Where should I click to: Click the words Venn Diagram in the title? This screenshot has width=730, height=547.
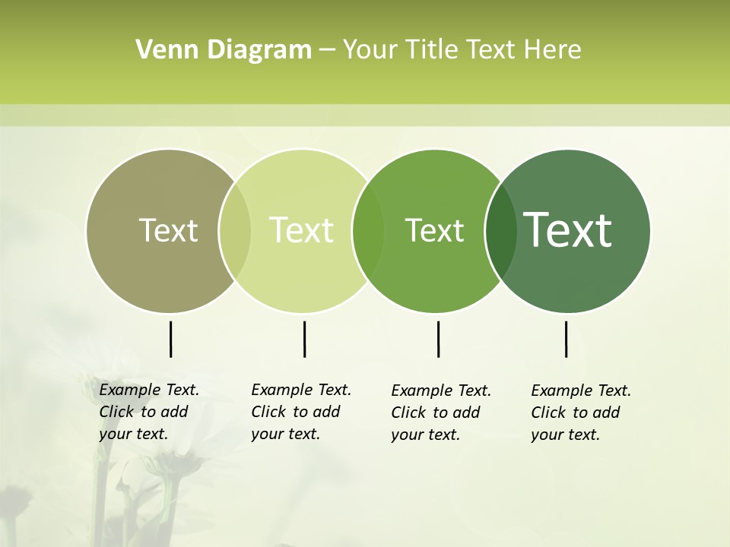click(x=224, y=50)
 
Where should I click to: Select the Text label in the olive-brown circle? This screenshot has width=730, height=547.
click(x=168, y=230)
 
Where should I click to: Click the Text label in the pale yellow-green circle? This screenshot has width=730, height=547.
click(x=301, y=230)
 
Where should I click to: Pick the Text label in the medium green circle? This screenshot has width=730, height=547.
click(x=434, y=230)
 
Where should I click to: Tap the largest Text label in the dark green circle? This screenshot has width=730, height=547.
click(x=567, y=229)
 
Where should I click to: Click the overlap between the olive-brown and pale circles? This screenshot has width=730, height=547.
click(x=235, y=231)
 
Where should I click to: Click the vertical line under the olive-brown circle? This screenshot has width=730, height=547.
click(x=170, y=339)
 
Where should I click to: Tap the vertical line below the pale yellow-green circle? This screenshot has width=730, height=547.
click(x=304, y=339)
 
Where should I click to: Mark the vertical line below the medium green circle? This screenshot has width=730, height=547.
click(x=438, y=339)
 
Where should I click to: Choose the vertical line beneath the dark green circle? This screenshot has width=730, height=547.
click(x=566, y=339)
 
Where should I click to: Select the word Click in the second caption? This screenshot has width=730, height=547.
click(x=268, y=412)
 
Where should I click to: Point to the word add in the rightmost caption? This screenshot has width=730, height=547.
click(x=606, y=413)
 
